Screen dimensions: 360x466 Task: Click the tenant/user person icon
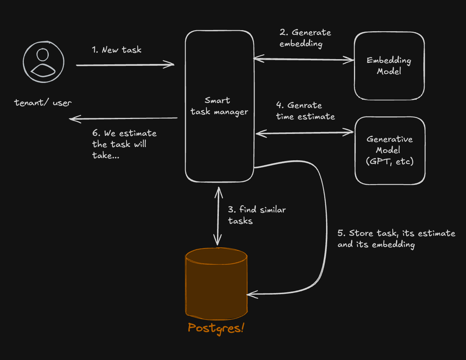44,62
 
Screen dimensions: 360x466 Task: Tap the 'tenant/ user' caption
43,103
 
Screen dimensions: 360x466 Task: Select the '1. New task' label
116,50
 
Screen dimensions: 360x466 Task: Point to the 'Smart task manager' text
219,106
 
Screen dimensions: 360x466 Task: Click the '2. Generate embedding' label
305,38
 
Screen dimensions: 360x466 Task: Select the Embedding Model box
389,66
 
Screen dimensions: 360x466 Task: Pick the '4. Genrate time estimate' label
305,111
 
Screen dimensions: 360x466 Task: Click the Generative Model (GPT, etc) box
390,150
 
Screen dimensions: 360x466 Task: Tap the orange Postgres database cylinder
216,283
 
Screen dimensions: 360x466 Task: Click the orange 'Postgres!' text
216,328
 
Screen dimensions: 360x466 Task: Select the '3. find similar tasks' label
256,215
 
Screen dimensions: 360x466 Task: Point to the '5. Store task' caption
396,239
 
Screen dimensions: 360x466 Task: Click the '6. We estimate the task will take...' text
124,144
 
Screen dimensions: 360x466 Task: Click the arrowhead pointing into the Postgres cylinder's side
250,295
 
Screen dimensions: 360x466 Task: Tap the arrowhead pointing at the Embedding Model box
351,60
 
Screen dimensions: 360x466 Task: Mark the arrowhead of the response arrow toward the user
73,119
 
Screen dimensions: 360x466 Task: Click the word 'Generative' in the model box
389,139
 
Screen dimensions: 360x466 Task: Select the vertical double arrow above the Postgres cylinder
218,216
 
